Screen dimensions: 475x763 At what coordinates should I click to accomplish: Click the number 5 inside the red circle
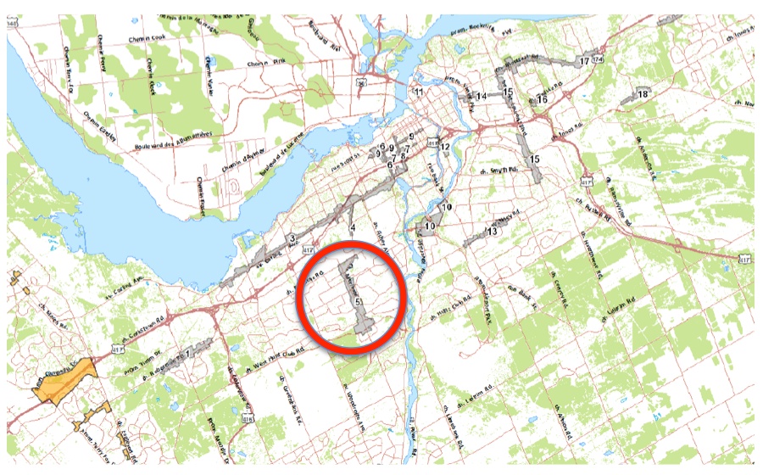(x=359, y=302)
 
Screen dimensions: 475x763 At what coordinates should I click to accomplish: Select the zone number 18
(x=643, y=93)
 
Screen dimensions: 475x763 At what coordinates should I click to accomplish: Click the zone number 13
(x=492, y=232)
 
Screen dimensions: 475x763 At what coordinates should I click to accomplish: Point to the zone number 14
(x=481, y=98)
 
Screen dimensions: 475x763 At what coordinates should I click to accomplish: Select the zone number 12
(x=444, y=148)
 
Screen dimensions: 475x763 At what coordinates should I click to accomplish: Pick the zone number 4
(x=352, y=227)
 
